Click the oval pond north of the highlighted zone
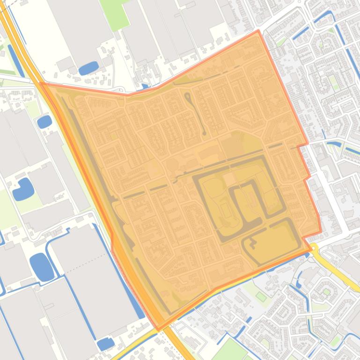tap(88, 69)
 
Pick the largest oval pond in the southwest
tap(42, 267)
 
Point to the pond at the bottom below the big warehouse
tap(106, 344)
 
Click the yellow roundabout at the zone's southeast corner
tap(313, 247)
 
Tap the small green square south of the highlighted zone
tap(261, 296)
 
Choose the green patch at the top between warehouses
tap(115, 14)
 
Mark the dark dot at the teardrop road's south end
tap(204, 133)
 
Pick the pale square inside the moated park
tap(229, 179)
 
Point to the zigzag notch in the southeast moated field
tap(253, 243)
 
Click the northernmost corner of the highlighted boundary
tap(258, 31)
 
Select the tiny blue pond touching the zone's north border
tap(145, 86)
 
